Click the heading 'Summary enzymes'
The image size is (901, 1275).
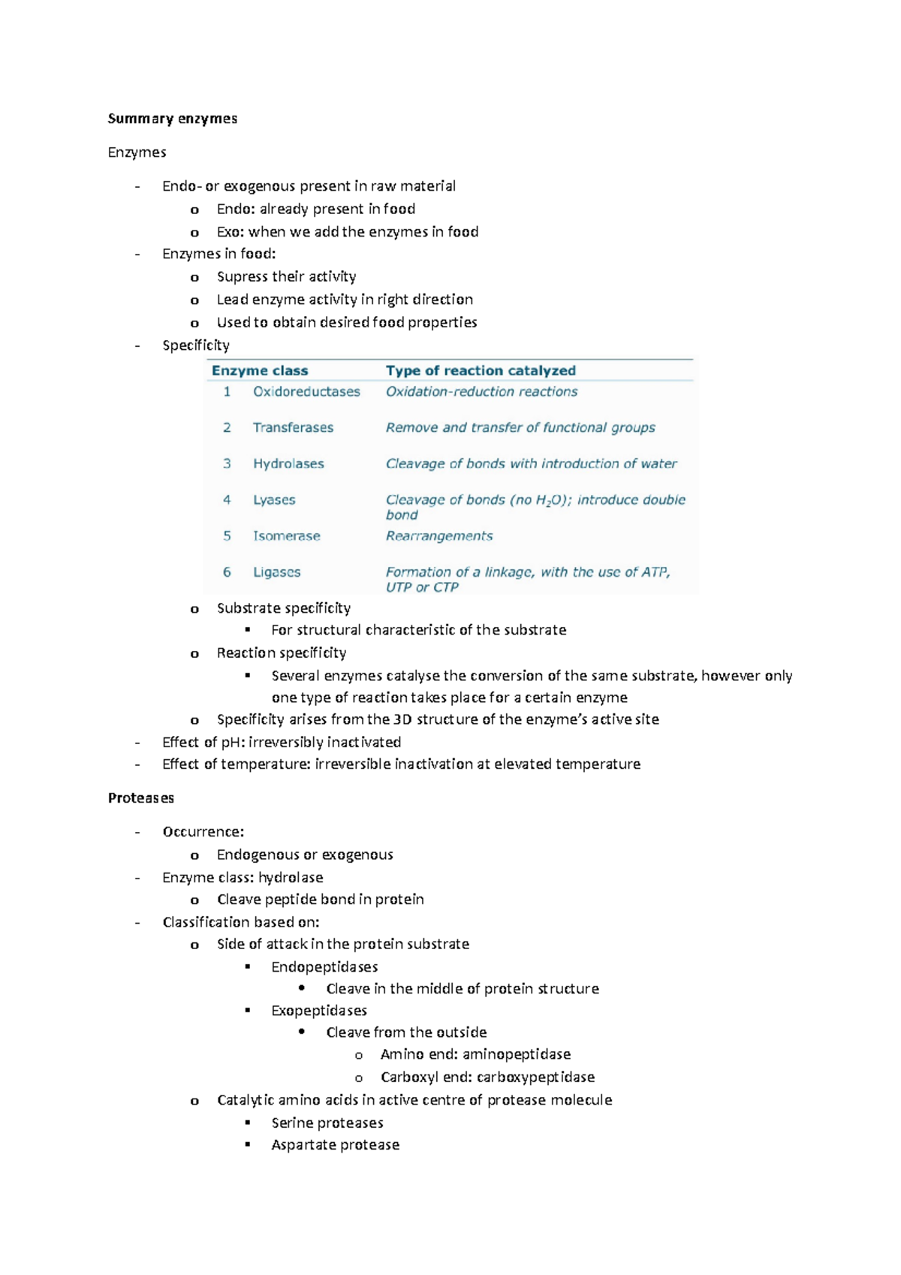tap(172, 119)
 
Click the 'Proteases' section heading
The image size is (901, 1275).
tap(140, 798)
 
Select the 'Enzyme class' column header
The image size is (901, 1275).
tap(260, 371)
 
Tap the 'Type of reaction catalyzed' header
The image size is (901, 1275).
tap(481, 371)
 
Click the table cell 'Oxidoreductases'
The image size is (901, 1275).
tap(306, 392)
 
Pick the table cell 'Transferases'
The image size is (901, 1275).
tap(293, 428)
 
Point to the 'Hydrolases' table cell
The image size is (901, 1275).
tap(288, 464)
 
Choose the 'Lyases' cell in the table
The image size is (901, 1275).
tap(274, 500)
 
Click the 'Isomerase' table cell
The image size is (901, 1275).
tap(286, 536)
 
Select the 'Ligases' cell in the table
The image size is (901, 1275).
tap(276, 572)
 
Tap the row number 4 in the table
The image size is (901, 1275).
tap(227, 500)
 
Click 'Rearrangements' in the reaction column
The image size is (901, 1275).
tap(439, 536)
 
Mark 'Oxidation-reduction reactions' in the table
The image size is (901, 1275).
tap(481, 392)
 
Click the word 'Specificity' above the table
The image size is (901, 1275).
tap(195, 345)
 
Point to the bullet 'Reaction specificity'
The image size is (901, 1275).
tap(282, 653)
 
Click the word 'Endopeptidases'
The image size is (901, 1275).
tap(324, 967)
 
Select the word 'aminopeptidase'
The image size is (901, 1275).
tap(517, 1054)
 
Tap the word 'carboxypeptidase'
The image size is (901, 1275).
tap(535, 1078)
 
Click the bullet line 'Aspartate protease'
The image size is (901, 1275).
tap(335, 1145)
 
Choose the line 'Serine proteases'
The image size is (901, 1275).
tap(327, 1123)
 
